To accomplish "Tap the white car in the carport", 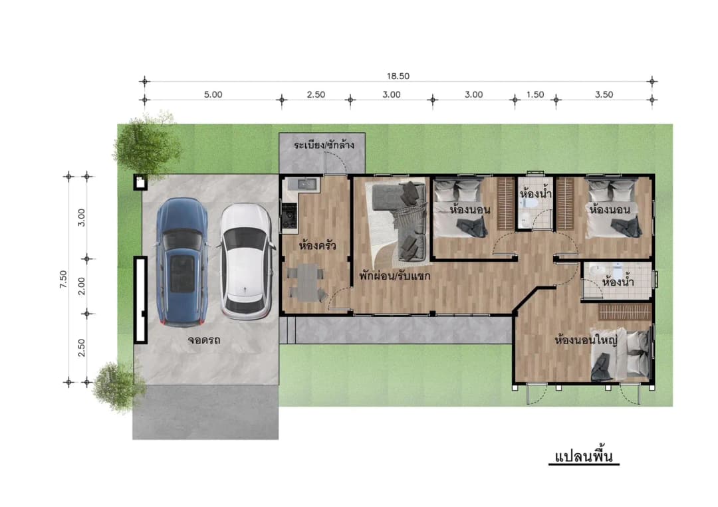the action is click(247, 261).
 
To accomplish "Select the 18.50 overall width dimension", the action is click(398, 76).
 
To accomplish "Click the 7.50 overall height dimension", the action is click(63, 279).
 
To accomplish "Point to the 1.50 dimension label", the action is click(535, 95).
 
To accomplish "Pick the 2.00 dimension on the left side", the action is click(81, 286).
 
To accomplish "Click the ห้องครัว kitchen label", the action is click(317, 246).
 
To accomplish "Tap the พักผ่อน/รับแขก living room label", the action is click(394, 276).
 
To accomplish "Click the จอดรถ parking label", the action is click(204, 340).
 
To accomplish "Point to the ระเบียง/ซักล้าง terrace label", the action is click(324, 145).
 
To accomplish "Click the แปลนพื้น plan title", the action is click(584, 456).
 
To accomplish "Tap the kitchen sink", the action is click(304, 184).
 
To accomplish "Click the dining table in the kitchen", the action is click(305, 282).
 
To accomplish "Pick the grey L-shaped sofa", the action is click(405, 220).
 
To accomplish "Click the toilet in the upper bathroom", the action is click(531, 203).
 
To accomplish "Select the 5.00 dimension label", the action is click(213, 95).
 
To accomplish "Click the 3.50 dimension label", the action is click(604, 95).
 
